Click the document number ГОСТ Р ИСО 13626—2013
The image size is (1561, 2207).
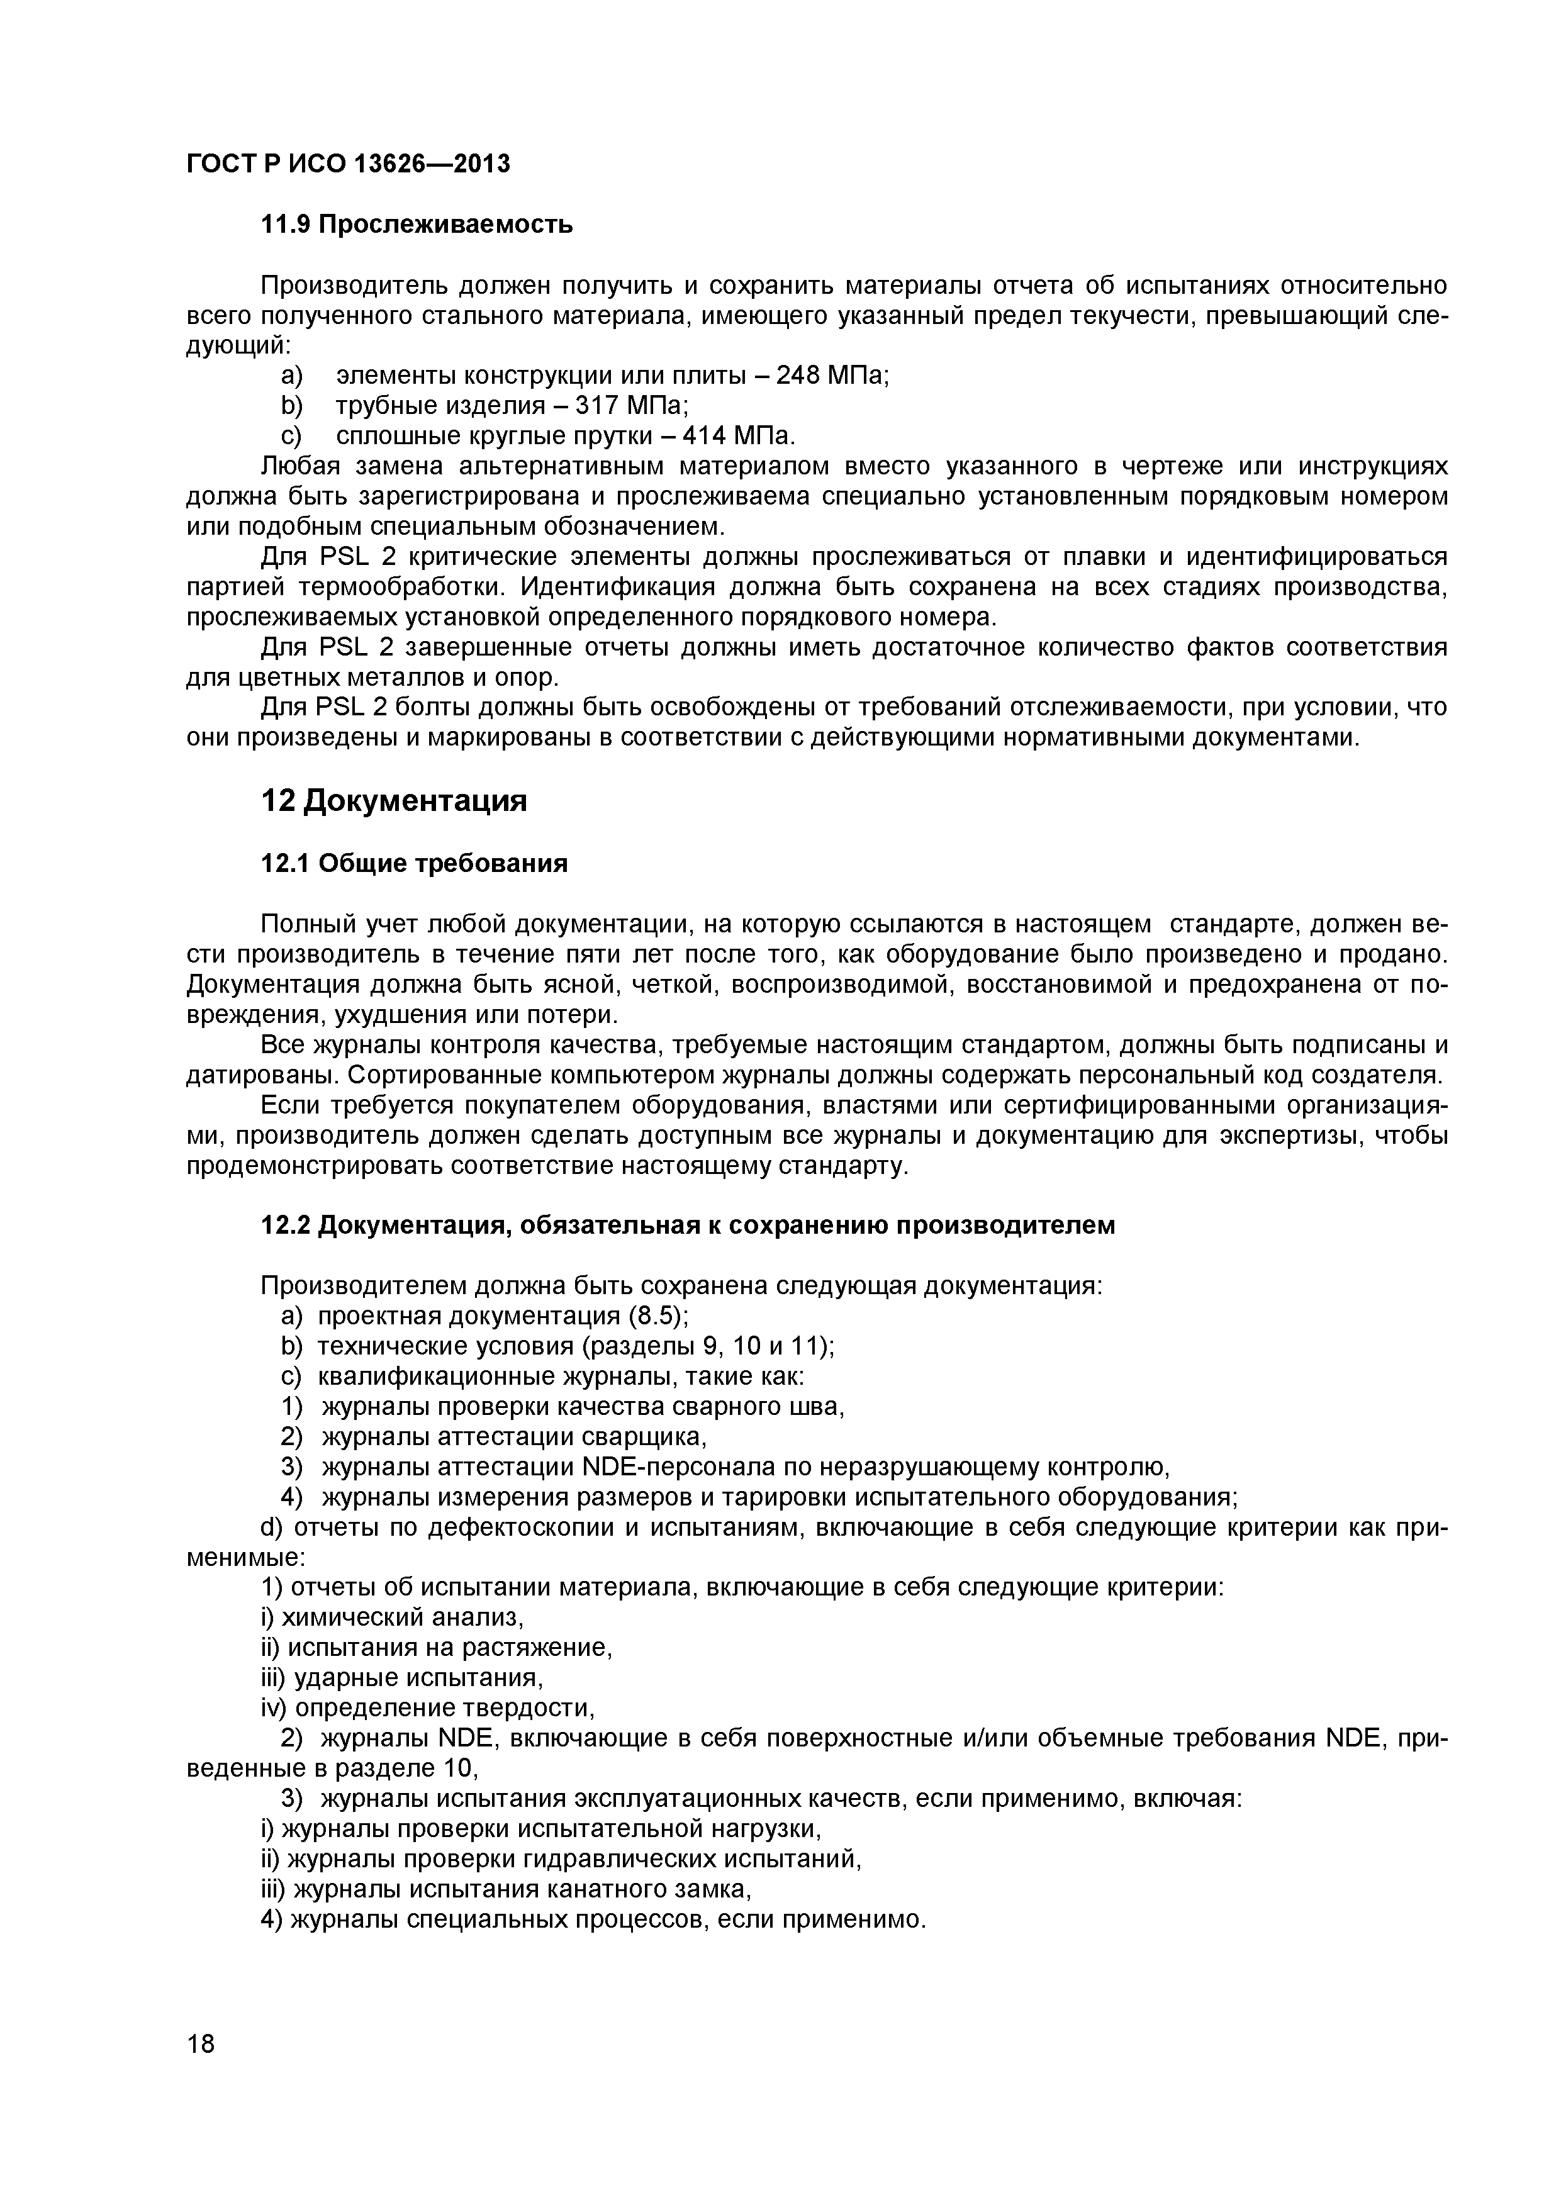(347, 164)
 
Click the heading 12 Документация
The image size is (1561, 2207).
(394, 801)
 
